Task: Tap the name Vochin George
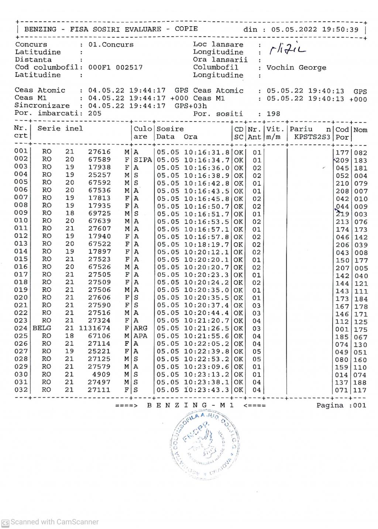296,68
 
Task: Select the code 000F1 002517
115,68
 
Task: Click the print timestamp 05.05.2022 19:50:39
315,30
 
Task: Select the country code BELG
42,328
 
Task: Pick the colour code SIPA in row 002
142,160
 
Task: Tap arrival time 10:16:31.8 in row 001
206,152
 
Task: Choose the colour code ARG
140,328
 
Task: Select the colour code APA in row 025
140,336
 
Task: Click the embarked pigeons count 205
94,113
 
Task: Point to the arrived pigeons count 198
273,114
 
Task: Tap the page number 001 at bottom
360,405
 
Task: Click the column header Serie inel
60,129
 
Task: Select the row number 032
21,390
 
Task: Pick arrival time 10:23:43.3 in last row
206,390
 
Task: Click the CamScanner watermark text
54,522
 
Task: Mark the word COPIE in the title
186,29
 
